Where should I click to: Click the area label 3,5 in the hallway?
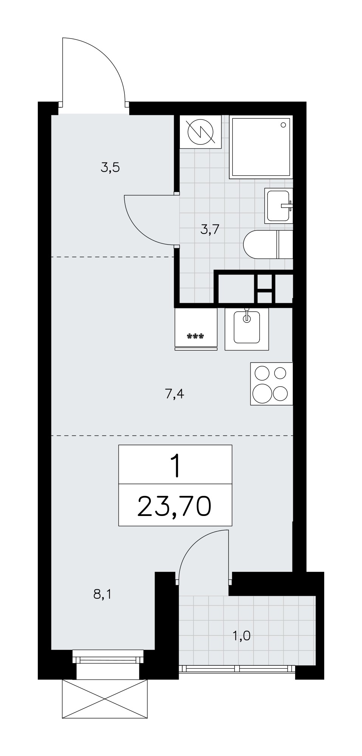110,167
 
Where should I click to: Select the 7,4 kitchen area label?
174,395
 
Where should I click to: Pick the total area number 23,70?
174,506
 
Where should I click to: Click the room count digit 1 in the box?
175,467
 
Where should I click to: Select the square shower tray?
261,147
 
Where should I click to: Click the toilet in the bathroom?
268,245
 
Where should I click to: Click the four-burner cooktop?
272,384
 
